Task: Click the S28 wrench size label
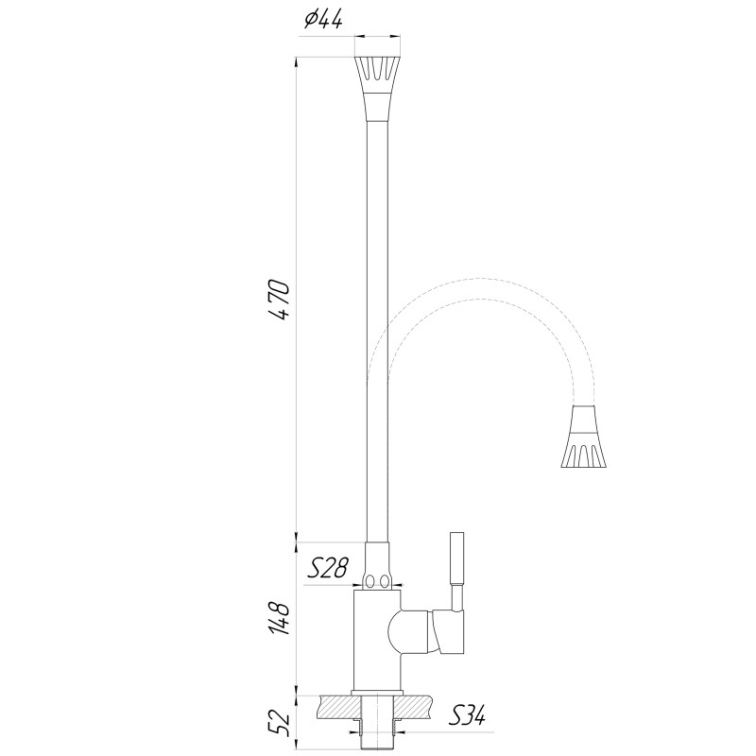coord(330,568)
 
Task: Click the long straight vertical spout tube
coord(376,331)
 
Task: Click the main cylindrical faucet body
coord(375,643)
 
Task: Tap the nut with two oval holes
coord(377,579)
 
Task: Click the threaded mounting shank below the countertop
coord(377,727)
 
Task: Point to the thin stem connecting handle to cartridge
coord(456,597)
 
